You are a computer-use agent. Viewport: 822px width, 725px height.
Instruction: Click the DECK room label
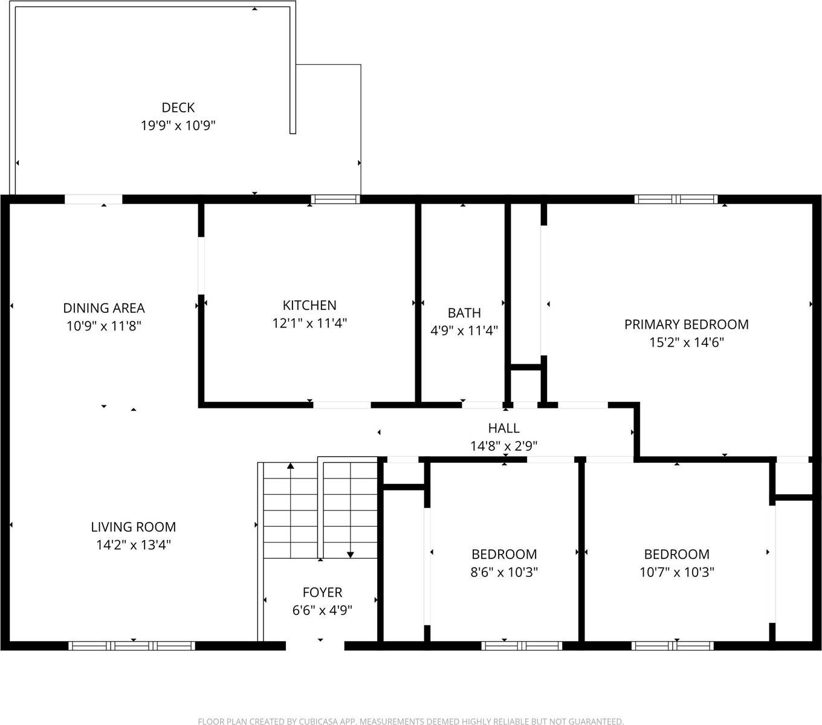coord(178,108)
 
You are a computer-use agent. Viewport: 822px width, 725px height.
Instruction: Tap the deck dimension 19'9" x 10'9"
coord(178,126)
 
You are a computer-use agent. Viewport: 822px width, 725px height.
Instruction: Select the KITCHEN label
coord(309,305)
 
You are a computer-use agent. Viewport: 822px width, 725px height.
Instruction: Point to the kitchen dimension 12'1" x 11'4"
coord(309,323)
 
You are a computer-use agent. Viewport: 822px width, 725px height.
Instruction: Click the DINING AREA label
coord(104,308)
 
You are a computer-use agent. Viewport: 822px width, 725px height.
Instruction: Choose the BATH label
coord(464,313)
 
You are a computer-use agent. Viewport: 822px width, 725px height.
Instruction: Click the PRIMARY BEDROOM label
coord(686,324)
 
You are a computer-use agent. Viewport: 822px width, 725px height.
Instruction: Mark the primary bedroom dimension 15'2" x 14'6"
coord(686,343)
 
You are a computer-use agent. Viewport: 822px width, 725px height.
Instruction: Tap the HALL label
coord(503,428)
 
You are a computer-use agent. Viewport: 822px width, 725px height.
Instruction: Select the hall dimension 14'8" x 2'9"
coord(503,446)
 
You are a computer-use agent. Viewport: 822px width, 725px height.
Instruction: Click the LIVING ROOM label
coord(134,527)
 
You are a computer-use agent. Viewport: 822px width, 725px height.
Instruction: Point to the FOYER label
coord(322,592)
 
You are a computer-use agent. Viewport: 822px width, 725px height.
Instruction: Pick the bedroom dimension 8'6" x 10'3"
coord(504,572)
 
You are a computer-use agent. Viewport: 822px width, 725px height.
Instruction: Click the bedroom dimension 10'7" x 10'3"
coord(677,572)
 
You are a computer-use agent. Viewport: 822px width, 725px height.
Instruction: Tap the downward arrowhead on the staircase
coord(351,554)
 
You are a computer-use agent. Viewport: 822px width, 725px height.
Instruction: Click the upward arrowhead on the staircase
coord(291,466)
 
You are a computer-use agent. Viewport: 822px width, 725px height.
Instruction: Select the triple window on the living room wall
coord(132,646)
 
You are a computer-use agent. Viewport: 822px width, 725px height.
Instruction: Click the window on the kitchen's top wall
coord(335,199)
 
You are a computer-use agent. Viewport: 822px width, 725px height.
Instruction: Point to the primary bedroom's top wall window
coord(676,199)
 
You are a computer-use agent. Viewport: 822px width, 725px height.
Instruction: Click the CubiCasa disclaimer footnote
coord(410,721)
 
